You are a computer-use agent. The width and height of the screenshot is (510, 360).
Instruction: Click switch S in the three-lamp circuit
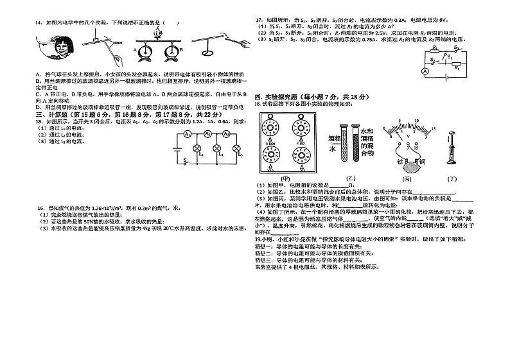pyautogui.click(x=188, y=162)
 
